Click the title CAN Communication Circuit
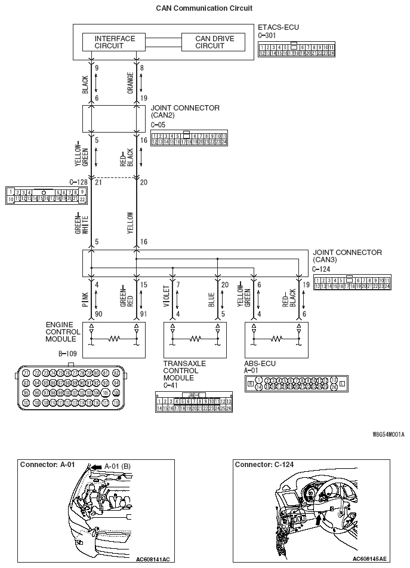coord(204,8)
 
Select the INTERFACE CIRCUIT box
coord(115,42)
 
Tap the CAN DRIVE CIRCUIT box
coord(214,42)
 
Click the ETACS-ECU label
coord(278,27)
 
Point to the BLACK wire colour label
coord(85,84)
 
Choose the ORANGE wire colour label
coord(130,84)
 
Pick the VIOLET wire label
coord(167,296)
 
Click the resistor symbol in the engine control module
coord(114,339)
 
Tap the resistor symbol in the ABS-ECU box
coord(277,339)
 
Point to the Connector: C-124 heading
coord(264,464)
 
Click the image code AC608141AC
coord(153,559)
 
